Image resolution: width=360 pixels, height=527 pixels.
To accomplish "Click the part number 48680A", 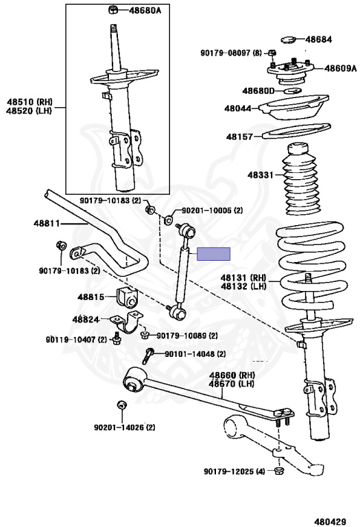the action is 145,10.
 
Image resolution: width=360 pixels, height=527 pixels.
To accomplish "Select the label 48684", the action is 318,39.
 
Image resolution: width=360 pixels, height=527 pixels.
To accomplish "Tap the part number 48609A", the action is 341,68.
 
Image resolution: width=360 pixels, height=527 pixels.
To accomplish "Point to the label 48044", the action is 238,108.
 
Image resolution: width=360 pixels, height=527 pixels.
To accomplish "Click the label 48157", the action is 239,137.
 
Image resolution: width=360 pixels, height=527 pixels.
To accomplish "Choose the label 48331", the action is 261,175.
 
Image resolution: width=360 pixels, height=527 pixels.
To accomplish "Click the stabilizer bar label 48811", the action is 47,223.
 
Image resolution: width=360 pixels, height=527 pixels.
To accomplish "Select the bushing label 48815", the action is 91,296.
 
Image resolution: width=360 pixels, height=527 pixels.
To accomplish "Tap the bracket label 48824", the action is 86,319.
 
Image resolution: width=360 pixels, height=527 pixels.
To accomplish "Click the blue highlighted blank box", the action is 213,254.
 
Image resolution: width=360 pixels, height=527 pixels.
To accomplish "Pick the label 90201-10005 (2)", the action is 213,211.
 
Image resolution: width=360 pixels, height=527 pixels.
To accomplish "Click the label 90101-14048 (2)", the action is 195,354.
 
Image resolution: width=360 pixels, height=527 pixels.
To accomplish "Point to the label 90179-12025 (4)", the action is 235,471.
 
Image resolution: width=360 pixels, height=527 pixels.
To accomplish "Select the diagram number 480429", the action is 330,522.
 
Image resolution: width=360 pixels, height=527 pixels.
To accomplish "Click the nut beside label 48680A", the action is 113,10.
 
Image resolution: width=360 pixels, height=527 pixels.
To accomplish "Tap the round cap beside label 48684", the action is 288,40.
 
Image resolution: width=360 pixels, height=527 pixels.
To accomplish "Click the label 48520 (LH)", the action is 29,111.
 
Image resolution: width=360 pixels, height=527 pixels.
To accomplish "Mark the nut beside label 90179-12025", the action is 278,471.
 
